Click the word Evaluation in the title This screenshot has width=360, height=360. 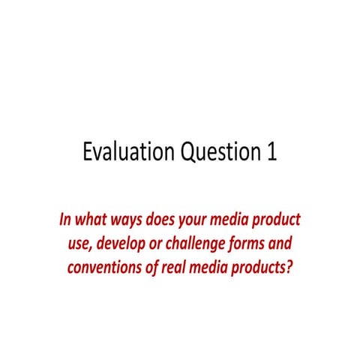(x=128, y=151)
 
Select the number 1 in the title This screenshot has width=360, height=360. (x=270, y=151)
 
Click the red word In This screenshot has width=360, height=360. (x=65, y=221)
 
